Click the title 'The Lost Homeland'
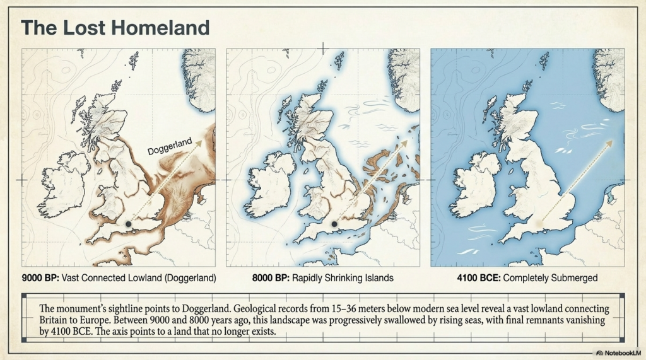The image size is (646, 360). (x=115, y=28)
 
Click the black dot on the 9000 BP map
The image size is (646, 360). (x=129, y=224)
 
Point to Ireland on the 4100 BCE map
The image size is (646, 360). (x=473, y=183)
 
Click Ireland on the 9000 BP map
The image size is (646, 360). (x=64, y=183)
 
